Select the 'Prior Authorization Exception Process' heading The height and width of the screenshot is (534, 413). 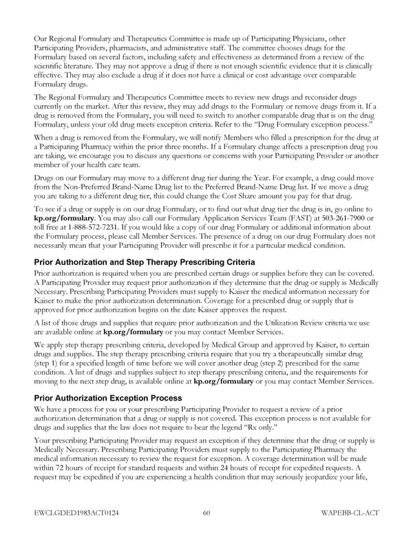point(107,398)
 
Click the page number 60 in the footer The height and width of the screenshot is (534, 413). point(206,513)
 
